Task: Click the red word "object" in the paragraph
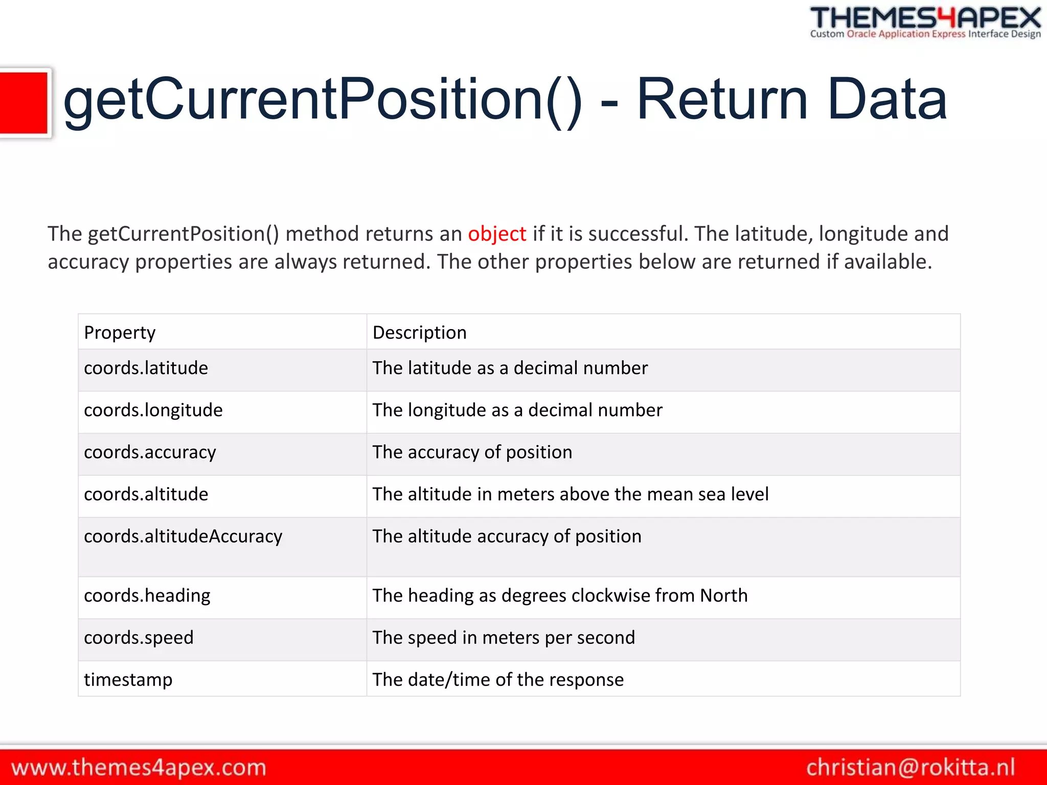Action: [x=496, y=234]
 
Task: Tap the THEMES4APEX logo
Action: [x=925, y=18]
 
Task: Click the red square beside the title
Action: [x=24, y=103]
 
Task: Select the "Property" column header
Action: [x=120, y=333]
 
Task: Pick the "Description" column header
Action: [x=419, y=333]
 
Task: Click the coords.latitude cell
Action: [x=146, y=368]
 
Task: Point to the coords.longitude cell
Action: [x=153, y=410]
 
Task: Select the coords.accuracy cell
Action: [x=150, y=452]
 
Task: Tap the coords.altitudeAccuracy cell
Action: [x=183, y=536]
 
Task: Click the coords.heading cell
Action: [x=147, y=596]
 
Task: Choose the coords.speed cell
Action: [x=139, y=638]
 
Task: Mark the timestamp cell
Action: [x=128, y=680]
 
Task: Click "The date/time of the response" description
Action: [x=498, y=680]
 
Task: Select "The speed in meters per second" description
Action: [x=504, y=638]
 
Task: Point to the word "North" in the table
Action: [x=723, y=595]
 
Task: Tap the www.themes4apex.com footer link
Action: [x=139, y=768]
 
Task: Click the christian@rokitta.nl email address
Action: [x=911, y=768]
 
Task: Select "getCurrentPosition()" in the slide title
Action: [x=322, y=100]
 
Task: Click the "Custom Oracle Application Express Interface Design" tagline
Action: [x=925, y=34]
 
